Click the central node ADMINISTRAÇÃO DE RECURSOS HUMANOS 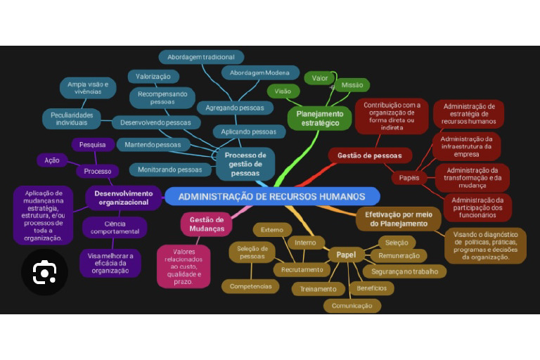point(271,197)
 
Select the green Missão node point(352,85)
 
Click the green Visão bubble point(283,91)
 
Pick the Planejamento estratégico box point(319,118)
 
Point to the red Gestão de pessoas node point(369,155)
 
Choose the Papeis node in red point(409,178)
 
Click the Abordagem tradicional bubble point(201,58)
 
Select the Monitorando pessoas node point(169,169)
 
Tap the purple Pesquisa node point(93,145)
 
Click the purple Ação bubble point(52,160)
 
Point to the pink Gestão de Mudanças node point(207,224)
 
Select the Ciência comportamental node point(115,227)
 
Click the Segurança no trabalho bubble point(404,271)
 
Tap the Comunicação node point(352,306)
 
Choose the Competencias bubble point(250,286)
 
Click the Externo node point(272,230)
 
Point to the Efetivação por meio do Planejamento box point(398,219)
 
